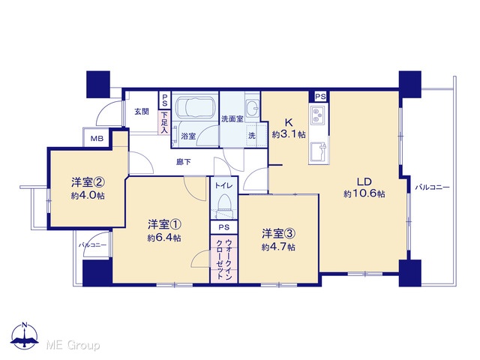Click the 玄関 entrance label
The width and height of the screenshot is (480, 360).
pyautogui.click(x=142, y=112)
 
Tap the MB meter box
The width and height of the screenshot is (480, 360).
pyautogui.click(x=97, y=138)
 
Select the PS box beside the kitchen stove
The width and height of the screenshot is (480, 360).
pyautogui.click(x=320, y=97)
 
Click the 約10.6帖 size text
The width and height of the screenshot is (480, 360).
pyautogui.click(x=364, y=193)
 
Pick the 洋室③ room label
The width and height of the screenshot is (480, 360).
pyautogui.click(x=278, y=233)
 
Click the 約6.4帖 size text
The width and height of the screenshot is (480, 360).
pyautogui.click(x=164, y=238)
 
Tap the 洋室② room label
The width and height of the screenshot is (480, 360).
pyautogui.click(x=88, y=182)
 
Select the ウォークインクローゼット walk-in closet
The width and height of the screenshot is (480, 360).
pyautogui.click(x=223, y=259)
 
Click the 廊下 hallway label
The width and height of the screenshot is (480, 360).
pyautogui.click(x=184, y=162)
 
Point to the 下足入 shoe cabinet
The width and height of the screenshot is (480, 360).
pyautogui.click(x=164, y=122)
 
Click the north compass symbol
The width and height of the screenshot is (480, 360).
pyautogui.click(x=25, y=336)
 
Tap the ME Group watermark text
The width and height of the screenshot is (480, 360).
pyautogui.click(x=73, y=345)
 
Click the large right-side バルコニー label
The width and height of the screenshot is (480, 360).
pyautogui.click(x=432, y=187)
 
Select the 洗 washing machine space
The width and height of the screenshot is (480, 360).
pyautogui.click(x=252, y=135)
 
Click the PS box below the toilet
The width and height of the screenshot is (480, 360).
pyautogui.click(x=223, y=227)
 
